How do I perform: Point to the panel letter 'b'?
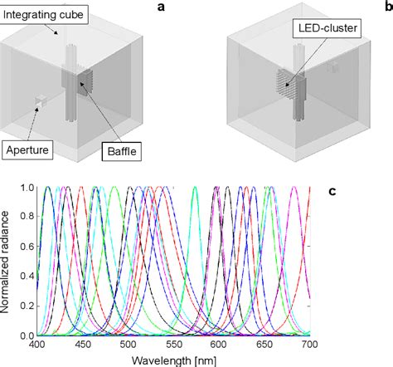pyautogui.click(x=388, y=7)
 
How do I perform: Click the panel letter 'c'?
pyautogui.click(x=332, y=192)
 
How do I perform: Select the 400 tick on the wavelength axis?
pyautogui.click(x=37, y=344)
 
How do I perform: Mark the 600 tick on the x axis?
pyautogui.click(x=218, y=344)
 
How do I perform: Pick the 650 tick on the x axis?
pyautogui.click(x=264, y=344)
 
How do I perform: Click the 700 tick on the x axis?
pyautogui.click(x=308, y=344)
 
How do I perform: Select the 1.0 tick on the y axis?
pyautogui.click(x=26, y=188)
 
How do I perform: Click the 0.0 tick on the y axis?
pyautogui.click(x=26, y=335)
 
